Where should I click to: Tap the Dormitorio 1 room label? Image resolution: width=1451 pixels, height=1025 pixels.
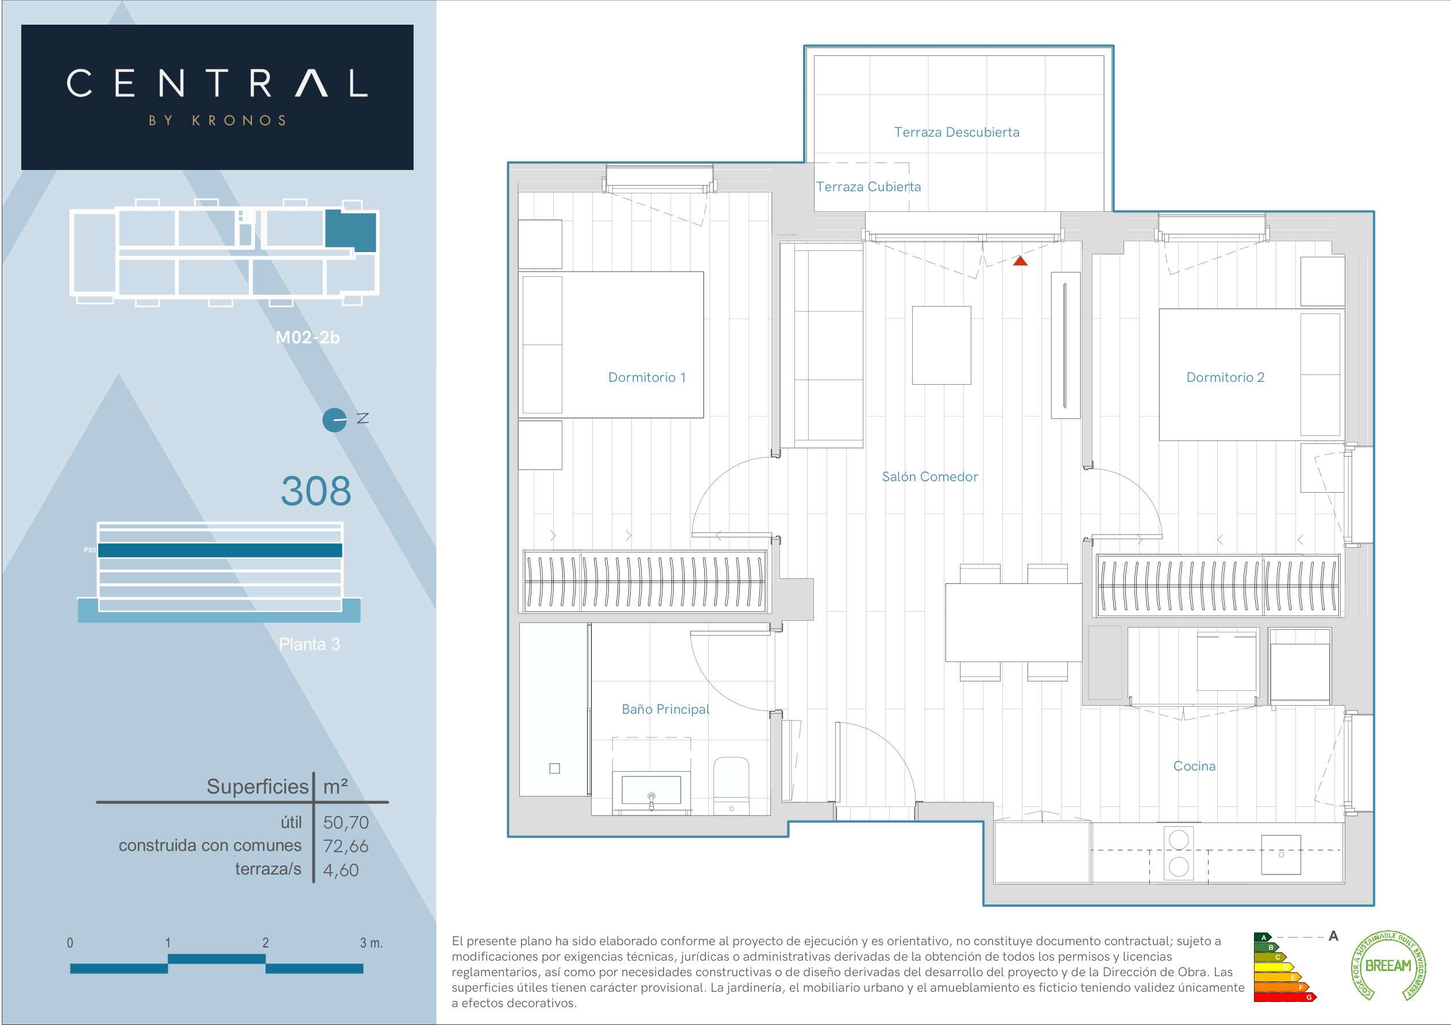(x=646, y=377)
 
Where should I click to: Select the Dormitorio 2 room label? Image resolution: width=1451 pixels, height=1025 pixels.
(x=1225, y=377)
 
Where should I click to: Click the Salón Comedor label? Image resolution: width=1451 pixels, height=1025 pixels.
(x=929, y=477)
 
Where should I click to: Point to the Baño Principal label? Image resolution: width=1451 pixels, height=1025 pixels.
(x=665, y=709)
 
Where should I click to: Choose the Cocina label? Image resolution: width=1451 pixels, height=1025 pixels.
(x=1194, y=766)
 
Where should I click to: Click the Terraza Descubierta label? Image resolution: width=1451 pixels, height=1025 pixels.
(x=957, y=132)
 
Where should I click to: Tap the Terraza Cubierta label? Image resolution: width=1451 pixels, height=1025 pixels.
(x=869, y=187)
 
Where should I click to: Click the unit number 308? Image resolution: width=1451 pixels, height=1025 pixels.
(x=316, y=490)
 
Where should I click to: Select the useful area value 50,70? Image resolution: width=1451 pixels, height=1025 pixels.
(x=346, y=822)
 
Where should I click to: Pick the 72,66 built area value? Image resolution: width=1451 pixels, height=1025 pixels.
(x=346, y=845)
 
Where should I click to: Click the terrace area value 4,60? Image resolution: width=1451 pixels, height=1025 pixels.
(x=341, y=869)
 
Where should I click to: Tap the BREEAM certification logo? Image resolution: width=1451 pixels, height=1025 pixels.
(x=1388, y=966)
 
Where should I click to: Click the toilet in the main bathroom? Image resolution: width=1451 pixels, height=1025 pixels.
(x=731, y=786)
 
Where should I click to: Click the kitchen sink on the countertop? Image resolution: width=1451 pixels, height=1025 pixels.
(x=1281, y=854)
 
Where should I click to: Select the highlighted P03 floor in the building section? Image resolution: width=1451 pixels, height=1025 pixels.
(x=220, y=551)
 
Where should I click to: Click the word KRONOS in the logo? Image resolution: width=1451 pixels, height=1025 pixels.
(x=240, y=121)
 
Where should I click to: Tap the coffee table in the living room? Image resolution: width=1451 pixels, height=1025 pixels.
(x=941, y=345)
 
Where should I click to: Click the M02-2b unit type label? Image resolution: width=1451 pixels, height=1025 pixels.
(x=308, y=338)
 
